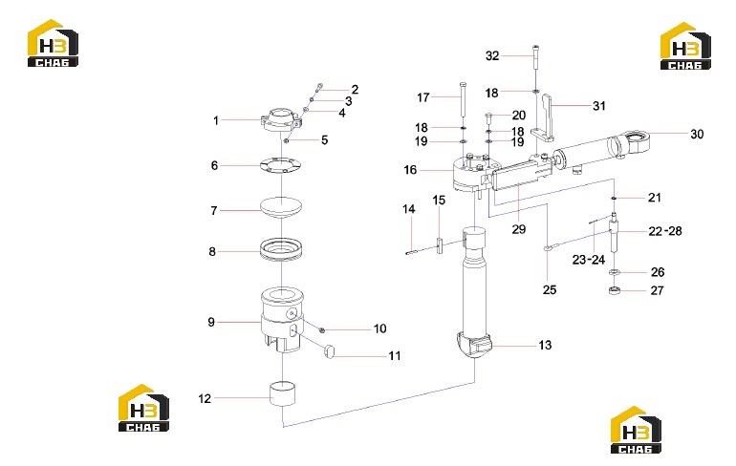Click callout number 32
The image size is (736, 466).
tap(492, 55)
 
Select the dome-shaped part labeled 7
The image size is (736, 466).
tap(281, 207)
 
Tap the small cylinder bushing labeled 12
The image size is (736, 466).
tap(282, 393)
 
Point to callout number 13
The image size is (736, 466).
tap(545, 346)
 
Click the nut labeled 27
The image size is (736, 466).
tap(614, 290)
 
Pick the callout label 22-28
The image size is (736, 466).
tap(665, 231)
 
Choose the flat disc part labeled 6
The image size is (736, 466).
tap(281, 165)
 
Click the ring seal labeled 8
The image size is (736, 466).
tap(281, 248)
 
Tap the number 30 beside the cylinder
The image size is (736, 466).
tap(697, 134)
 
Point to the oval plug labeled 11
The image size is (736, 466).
tap(330, 351)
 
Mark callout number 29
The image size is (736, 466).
tap(519, 229)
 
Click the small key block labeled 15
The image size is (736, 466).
tap(440, 244)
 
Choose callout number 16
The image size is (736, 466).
tap(410, 170)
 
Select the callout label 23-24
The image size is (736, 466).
tap(589, 259)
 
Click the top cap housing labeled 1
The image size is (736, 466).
tap(281, 120)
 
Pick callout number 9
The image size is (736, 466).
tap(211, 322)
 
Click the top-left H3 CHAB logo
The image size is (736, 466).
tap(53, 43)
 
